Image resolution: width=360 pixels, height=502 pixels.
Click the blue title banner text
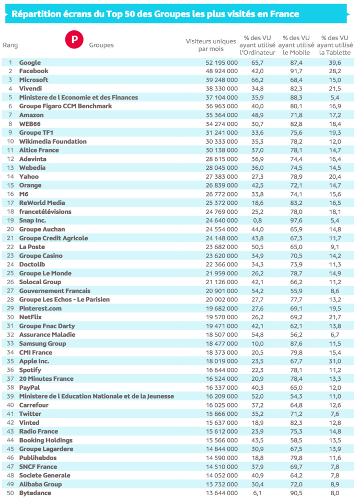pyautogui.click(x=153, y=14)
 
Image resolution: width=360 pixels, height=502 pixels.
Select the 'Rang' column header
pyautogui.click(x=10, y=45)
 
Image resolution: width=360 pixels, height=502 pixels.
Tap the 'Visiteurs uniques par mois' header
pyautogui.click(x=211, y=45)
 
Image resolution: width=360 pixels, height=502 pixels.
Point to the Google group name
pyautogui.click(x=30, y=62)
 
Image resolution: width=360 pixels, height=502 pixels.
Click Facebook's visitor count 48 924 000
pyautogui.click(x=219, y=71)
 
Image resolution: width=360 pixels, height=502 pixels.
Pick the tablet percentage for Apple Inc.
pyautogui.click(x=334, y=361)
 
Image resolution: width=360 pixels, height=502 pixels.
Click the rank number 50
pyautogui.click(x=10, y=493)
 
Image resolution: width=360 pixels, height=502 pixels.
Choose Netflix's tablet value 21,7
pyautogui.click(x=334, y=317)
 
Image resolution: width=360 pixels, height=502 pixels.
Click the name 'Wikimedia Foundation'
pyautogui.click(x=53, y=142)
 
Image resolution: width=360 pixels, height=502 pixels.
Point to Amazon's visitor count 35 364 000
pyautogui.click(x=219, y=115)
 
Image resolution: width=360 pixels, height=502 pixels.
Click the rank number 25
pyautogui.click(x=10, y=273)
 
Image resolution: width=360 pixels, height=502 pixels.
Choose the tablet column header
pyautogui.click(x=334, y=45)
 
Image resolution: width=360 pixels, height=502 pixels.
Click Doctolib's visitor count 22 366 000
pyautogui.click(x=219, y=264)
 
